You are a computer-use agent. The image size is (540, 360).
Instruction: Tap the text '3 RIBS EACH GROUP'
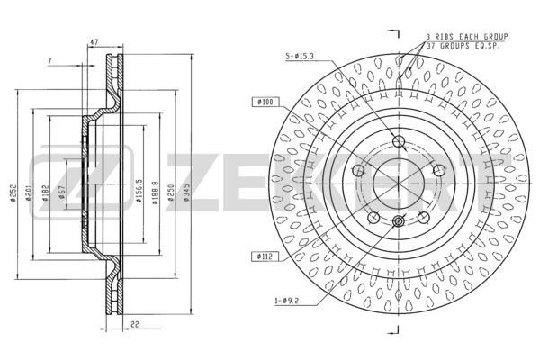tap(467, 36)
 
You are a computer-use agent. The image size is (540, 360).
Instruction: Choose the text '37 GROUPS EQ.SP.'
tap(467, 44)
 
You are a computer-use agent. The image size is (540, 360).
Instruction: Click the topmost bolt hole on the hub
tap(399, 139)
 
